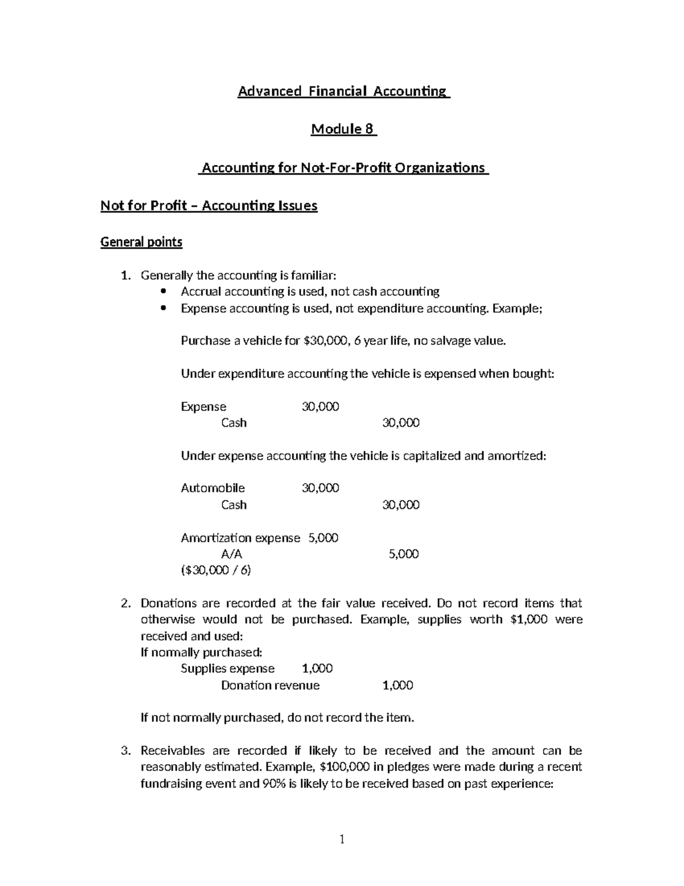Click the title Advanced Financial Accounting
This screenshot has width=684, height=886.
(344, 91)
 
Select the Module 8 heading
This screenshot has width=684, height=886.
(343, 130)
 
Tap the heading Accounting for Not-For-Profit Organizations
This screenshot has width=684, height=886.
(344, 168)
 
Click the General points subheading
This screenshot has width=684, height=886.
(141, 242)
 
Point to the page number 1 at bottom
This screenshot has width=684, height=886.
(342, 839)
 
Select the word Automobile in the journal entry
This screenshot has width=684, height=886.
(213, 488)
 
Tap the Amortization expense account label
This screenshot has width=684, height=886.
(240, 538)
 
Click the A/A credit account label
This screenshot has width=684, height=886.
(231, 554)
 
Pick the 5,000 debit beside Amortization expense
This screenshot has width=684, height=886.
(323, 538)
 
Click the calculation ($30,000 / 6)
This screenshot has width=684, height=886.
(216, 570)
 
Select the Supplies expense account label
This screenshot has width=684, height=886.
(227, 669)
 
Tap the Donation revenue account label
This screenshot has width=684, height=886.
(270, 685)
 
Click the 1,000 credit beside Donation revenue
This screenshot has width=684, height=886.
(397, 685)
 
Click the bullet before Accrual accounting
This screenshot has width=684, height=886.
(164, 292)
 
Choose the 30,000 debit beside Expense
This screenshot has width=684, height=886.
(320, 407)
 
